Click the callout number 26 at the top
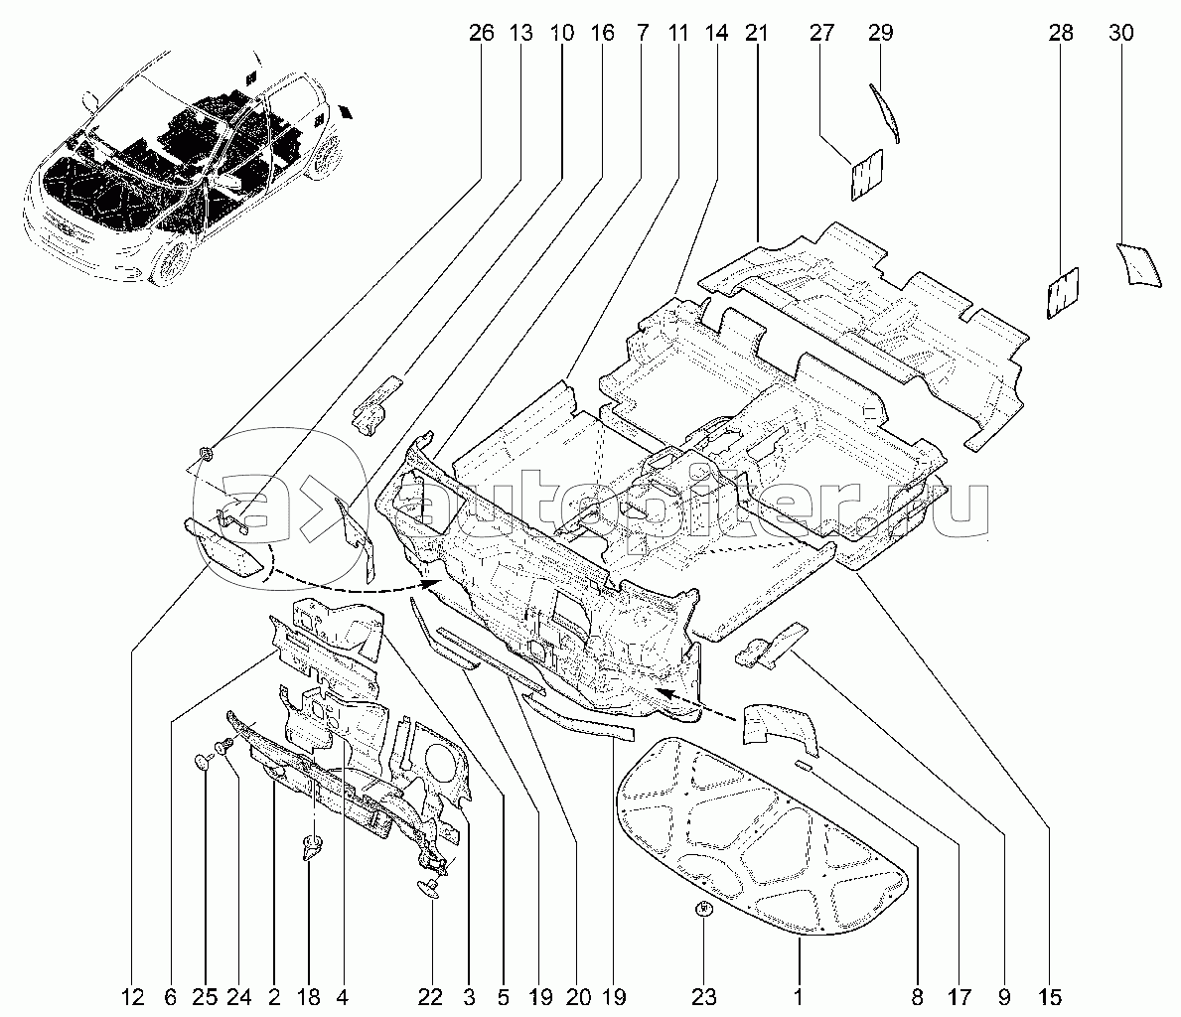point(481,33)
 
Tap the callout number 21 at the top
point(757,33)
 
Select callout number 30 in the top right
point(1120,33)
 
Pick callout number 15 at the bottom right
point(1051,996)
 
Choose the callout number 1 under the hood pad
point(799,996)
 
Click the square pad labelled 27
point(867,175)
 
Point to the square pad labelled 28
point(1063,292)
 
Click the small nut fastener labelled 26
point(207,454)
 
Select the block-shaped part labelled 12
point(225,546)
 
